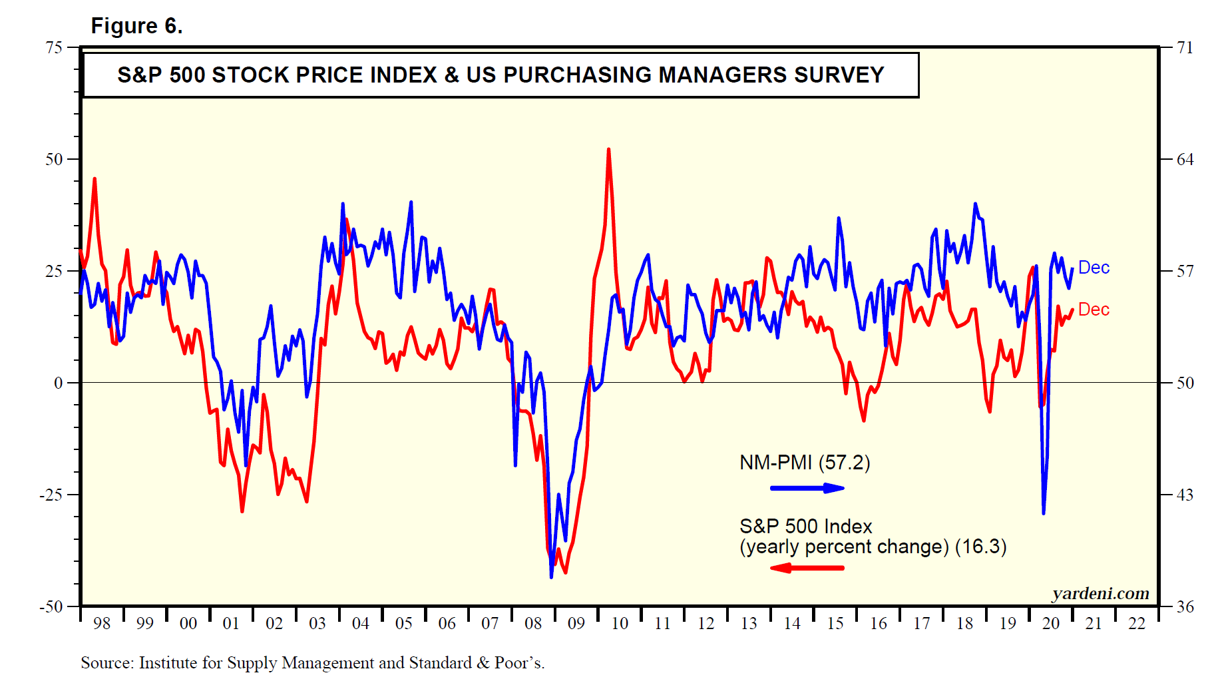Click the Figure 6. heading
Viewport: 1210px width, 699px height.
pyautogui.click(x=136, y=26)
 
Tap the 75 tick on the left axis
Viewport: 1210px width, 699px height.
pyautogui.click(x=54, y=47)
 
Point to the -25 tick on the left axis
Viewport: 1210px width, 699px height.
pyautogui.click(x=51, y=495)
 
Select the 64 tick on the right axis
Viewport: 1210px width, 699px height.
pyautogui.click(x=1185, y=159)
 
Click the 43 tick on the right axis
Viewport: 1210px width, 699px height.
pyautogui.click(x=1185, y=495)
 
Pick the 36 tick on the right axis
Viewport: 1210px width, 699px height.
pyautogui.click(x=1185, y=606)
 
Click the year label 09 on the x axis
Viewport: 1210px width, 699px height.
pyautogui.click(x=576, y=624)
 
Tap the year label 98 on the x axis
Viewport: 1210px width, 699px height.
pyautogui.click(x=102, y=624)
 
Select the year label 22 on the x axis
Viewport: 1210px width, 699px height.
pyautogui.click(x=1137, y=624)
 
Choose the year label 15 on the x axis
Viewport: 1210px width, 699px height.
pyautogui.click(x=835, y=624)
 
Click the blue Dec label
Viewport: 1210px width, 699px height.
pyautogui.click(x=1094, y=268)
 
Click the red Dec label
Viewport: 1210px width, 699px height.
pyautogui.click(x=1094, y=310)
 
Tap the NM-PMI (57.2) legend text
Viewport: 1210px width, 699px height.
pyautogui.click(x=805, y=463)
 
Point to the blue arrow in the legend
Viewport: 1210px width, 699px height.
pyautogui.click(x=807, y=488)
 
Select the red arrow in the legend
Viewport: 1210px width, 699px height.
pyautogui.click(x=807, y=568)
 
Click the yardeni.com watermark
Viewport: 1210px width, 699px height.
pyautogui.click(x=1100, y=593)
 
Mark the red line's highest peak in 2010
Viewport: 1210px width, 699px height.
pyautogui.click(x=608, y=150)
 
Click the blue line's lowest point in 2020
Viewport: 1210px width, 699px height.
pyautogui.click(x=1044, y=513)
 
